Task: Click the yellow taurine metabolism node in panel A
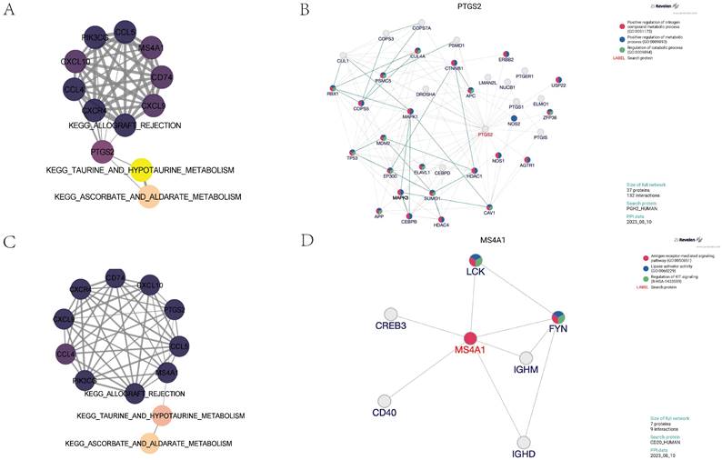[142, 168]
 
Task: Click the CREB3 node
[398, 312]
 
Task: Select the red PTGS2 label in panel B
[486, 135]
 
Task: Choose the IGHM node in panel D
[525, 360]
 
